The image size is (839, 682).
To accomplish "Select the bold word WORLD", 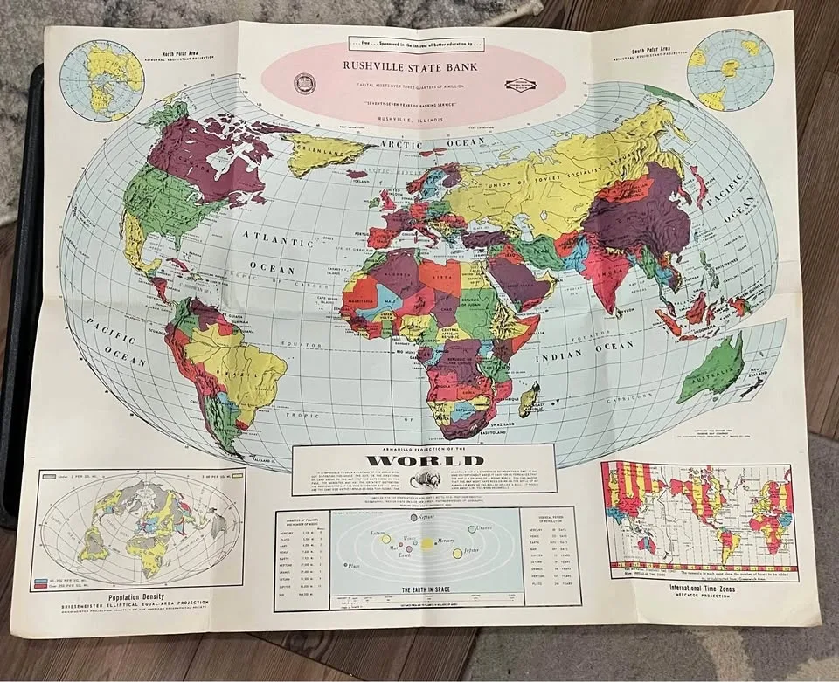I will (x=424, y=460).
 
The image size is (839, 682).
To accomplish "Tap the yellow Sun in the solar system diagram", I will (x=428, y=543).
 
